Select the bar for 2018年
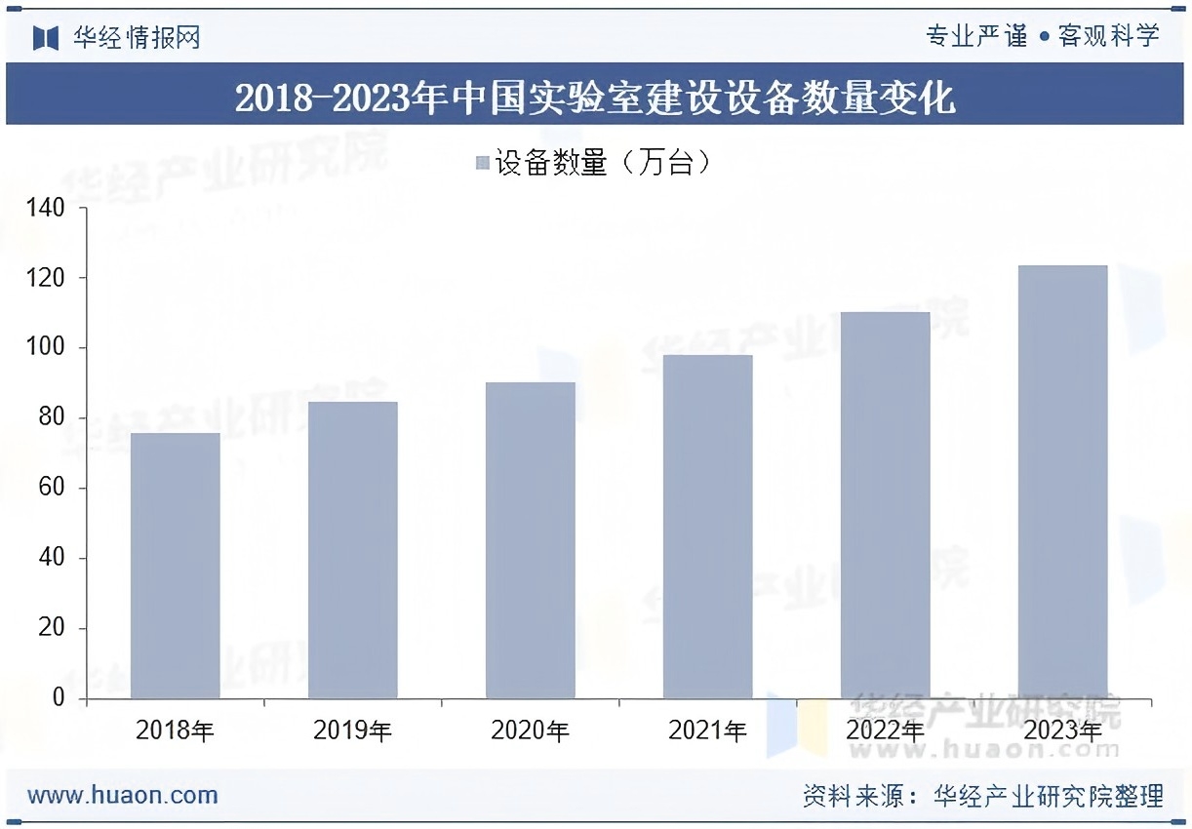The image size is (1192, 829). click(175, 566)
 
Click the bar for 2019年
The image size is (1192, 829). click(352, 550)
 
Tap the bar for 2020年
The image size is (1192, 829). click(530, 540)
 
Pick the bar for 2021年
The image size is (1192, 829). click(707, 527)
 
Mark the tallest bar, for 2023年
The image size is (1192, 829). click(1062, 482)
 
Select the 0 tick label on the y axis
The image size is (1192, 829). click(58, 698)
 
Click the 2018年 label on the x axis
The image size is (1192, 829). click(175, 730)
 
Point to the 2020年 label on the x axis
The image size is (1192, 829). click(530, 730)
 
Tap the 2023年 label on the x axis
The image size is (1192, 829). click(1062, 730)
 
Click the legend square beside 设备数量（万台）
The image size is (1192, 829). click(482, 163)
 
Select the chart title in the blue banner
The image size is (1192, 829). click(595, 98)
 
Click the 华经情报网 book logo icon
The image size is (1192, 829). click(46, 38)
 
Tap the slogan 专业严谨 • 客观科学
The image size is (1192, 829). click(1043, 37)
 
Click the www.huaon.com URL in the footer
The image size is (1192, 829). click(123, 795)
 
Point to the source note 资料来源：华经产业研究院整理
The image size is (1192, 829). click(983, 796)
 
